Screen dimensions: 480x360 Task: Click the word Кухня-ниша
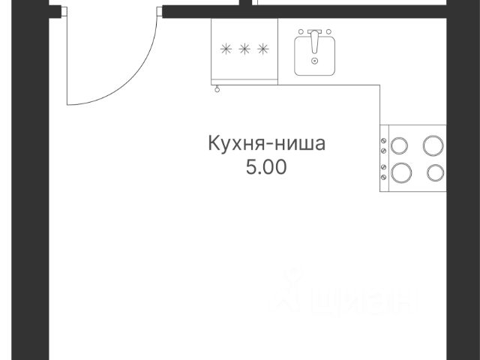[266, 143]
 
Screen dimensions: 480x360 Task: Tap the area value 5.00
[266, 167]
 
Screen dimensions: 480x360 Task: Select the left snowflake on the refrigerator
[226, 49]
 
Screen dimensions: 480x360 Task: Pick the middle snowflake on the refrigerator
[244, 49]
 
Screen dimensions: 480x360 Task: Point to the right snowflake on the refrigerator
[262, 49]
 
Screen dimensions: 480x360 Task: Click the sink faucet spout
[315, 38]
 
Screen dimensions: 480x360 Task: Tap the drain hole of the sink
[315, 60]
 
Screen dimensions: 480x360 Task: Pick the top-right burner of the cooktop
[433, 144]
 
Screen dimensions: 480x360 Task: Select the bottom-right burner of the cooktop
[435, 172]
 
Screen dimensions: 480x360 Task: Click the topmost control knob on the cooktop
[384, 140]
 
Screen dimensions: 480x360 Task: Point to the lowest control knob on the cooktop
[384, 177]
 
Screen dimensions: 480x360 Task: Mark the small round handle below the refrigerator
[217, 89]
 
